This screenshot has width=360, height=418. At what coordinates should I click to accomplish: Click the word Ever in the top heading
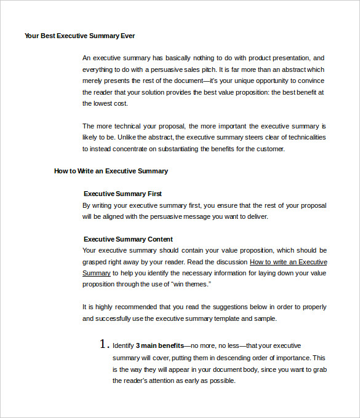[x=127, y=36]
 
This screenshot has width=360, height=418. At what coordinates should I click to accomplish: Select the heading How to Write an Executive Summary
[x=111, y=171]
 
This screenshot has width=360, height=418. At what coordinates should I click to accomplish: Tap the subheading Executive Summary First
[x=122, y=194]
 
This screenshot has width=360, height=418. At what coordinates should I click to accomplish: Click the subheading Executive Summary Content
[x=128, y=239]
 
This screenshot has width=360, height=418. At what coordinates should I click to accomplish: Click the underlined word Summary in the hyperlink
[x=97, y=273]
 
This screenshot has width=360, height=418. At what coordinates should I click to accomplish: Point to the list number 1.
[x=104, y=345]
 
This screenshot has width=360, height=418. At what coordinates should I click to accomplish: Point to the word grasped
[x=95, y=262]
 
